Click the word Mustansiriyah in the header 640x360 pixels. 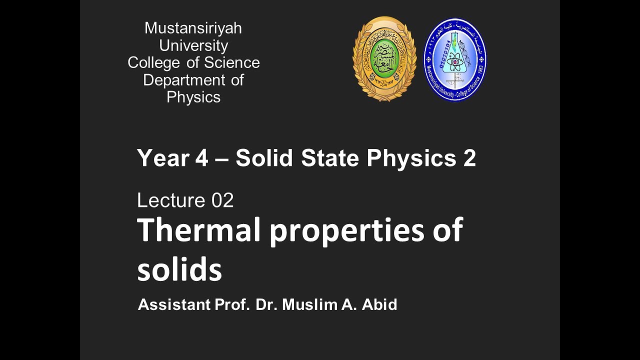pos(193,28)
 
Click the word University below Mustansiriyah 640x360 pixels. pos(193,45)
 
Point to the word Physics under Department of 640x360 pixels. pos(193,97)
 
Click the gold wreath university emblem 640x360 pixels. pos(384,59)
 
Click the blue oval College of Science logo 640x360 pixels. pos(455,59)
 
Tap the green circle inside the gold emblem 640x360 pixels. pos(384,56)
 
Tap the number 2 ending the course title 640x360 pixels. pos(469,158)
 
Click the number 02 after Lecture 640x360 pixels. pos(222,200)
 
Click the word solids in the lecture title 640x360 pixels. pos(179,270)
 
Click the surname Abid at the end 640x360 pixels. pos(381,304)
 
